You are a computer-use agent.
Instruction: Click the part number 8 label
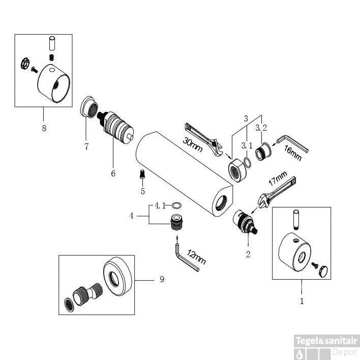(x=44, y=128)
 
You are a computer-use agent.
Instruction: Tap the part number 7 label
(x=87, y=146)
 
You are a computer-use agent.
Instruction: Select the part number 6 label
(x=113, y=173)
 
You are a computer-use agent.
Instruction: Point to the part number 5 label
(x=143, y=191)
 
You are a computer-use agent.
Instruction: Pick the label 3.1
(x=246, y=145)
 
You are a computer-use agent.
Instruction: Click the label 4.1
(x=161, y=205)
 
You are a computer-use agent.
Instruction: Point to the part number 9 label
(x=162, y=279)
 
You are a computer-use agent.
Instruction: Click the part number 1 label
(x=302, y=301)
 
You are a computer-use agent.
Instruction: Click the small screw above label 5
(x=142, y=175)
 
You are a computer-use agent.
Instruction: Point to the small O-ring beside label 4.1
(x=176, y=205)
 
